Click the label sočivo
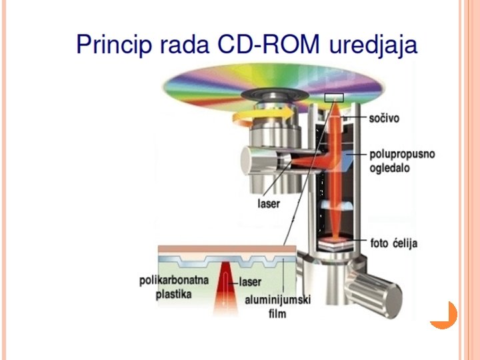(x=385, y=118)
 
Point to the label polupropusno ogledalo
(x=402, y=161)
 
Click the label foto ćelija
(x=394, y=243)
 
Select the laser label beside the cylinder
(x=269, y=203)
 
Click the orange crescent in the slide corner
(x=445, y=315)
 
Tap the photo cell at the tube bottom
(x=337, y=245)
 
